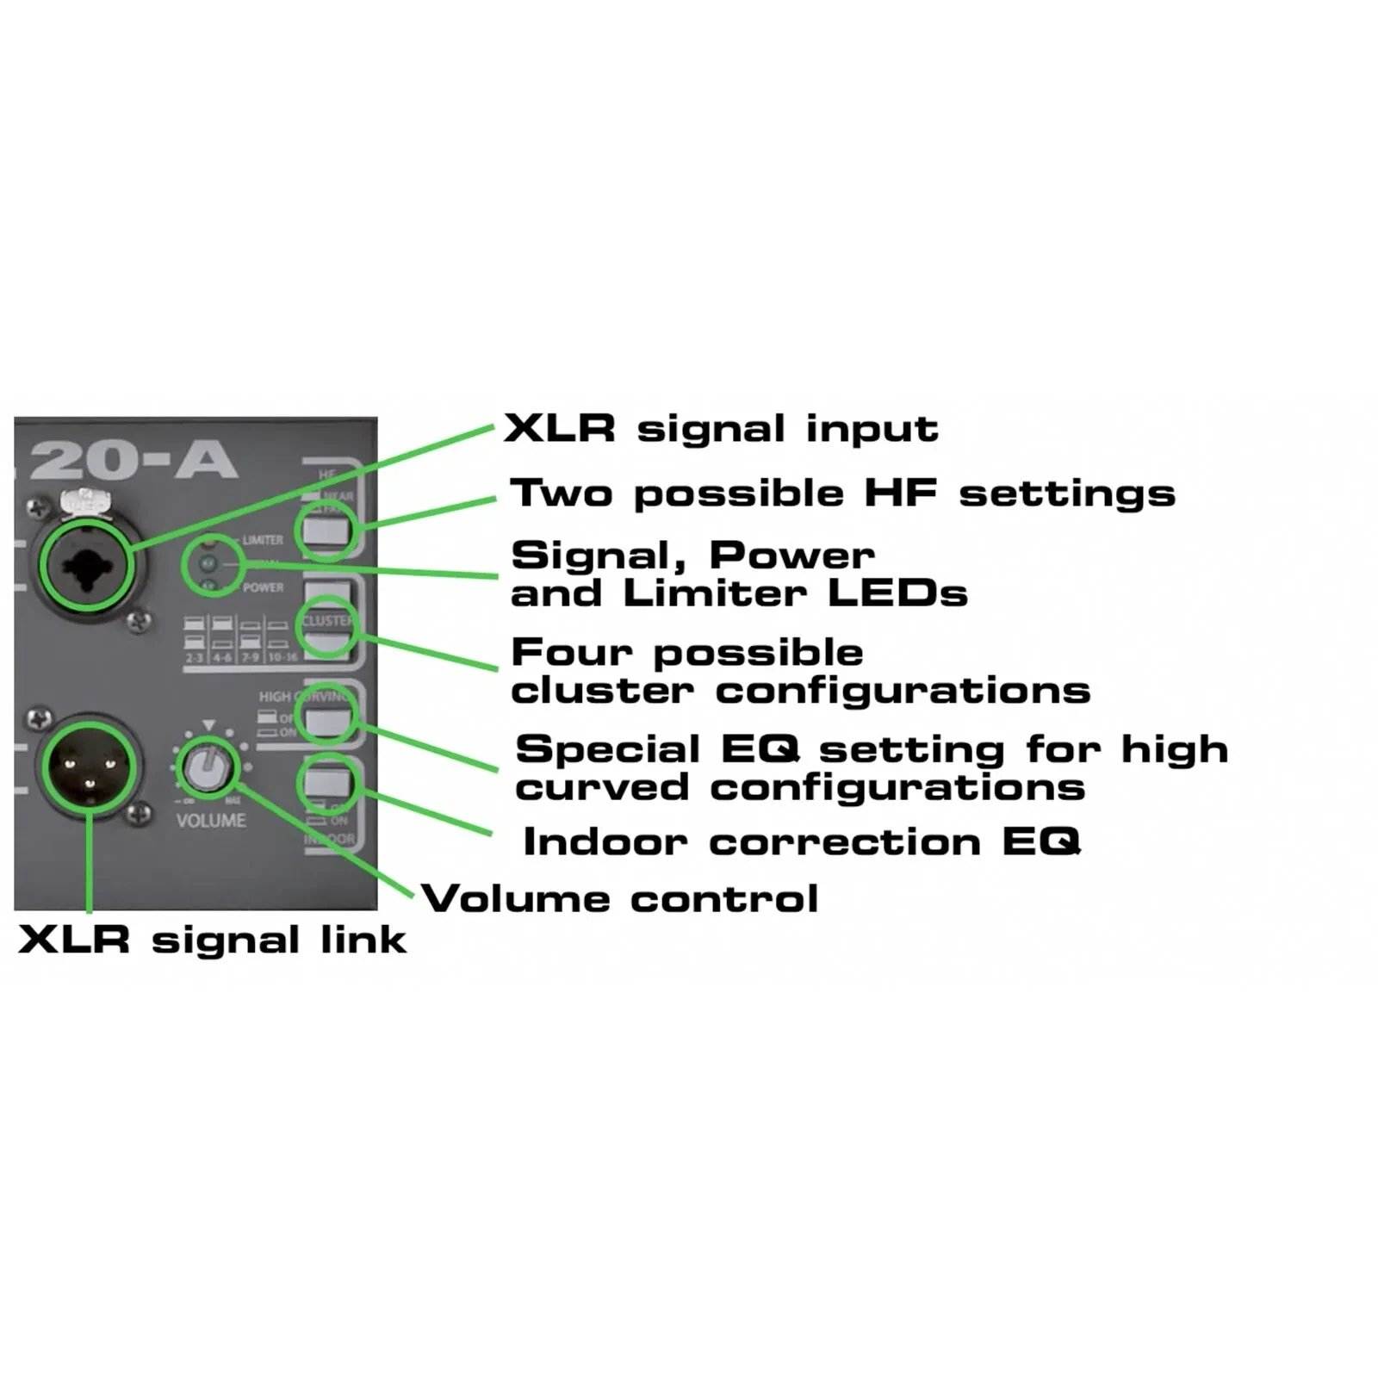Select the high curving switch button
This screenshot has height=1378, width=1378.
pos(326,717)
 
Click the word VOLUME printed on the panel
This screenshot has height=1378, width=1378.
pos(211,821)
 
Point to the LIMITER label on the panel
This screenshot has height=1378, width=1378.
pos(263,540)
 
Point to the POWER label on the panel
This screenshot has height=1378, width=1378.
pos(263,587)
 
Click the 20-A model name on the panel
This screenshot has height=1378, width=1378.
pos(133,460)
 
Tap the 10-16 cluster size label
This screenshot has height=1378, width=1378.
pos(282,657)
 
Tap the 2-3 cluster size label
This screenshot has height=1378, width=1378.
pos(195,657)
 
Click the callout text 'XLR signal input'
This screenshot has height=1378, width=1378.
pos(721,429)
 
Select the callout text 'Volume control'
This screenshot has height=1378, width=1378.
pos(620,899)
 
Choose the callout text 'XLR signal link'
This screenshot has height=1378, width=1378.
pos(212,940)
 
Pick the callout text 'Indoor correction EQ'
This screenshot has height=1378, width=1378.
pos(801,841)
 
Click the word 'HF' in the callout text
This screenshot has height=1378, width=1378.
pos(900,493)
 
